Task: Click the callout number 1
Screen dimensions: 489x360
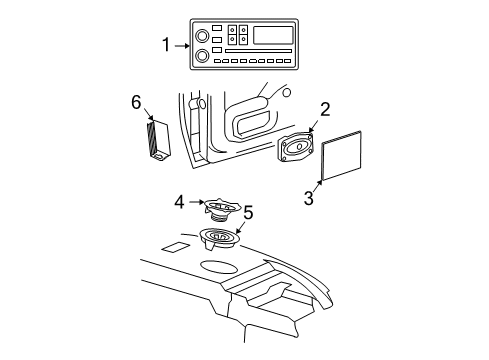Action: [167, 44]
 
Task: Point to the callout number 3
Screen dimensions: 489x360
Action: [308, 198]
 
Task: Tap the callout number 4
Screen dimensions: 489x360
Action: [179, 201]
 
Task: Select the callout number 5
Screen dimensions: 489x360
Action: [248, 212]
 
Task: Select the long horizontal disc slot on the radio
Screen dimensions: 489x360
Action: [256, 50]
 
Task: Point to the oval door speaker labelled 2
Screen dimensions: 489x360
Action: [297, 148]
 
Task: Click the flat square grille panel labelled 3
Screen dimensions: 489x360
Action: [338, 156]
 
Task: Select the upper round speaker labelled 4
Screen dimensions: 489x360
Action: [226, 208]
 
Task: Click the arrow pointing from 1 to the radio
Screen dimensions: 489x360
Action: [182, 44]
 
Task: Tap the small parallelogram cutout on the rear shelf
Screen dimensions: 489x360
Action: [174, 247]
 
